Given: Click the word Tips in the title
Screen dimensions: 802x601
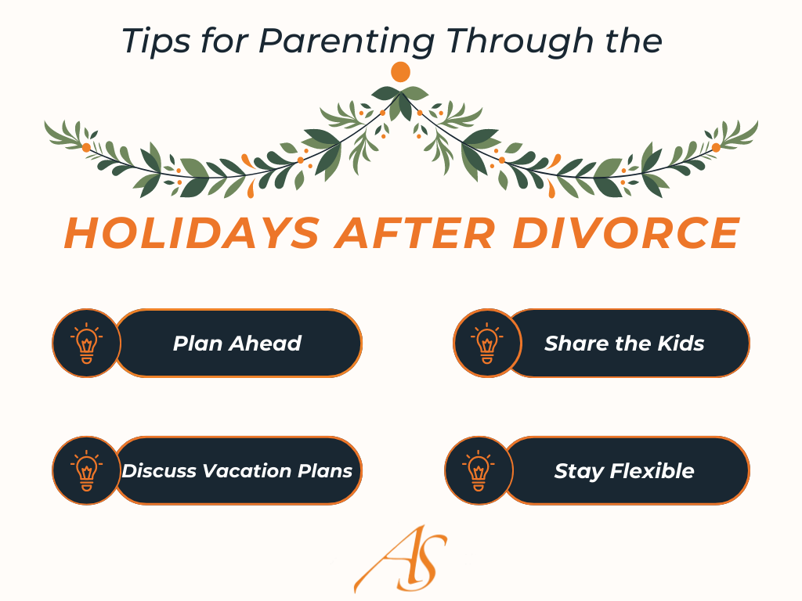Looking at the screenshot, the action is pos(156,41).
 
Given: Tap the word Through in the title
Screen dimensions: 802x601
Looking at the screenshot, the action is pos(519,41).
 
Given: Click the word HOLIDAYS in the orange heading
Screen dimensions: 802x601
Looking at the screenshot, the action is pos(192,233).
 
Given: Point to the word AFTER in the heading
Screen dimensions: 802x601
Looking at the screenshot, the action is pos(415,233).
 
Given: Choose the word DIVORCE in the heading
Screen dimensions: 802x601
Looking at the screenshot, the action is pos(626,233).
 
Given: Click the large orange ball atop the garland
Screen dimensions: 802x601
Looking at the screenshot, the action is pos(400,72).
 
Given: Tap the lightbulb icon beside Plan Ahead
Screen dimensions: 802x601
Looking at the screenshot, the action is pos(86,343).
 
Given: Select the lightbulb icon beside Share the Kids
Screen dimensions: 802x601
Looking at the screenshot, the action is pos(487,343).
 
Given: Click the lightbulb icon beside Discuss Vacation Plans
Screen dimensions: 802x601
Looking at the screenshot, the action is pos(86,470).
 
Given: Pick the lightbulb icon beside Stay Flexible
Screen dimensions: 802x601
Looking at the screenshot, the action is pos(479,470).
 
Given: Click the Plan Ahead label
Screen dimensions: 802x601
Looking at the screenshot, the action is pos(237,344).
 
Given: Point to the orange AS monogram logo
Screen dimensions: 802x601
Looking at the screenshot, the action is pos(400,559).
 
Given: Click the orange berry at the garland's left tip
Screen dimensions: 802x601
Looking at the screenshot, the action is pos(86,148).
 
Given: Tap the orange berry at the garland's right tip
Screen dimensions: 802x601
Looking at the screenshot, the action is pos(716,148).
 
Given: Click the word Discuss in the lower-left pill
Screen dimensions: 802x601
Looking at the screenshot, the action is pos(159,470).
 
